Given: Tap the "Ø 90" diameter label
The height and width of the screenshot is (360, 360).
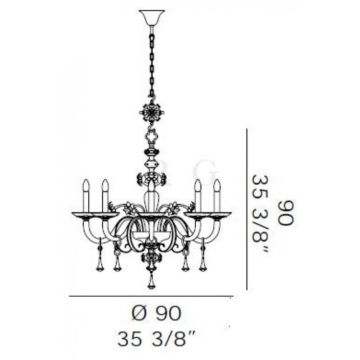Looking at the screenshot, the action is pos(157,313).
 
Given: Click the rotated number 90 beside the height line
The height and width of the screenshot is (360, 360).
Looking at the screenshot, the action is pos(286,212).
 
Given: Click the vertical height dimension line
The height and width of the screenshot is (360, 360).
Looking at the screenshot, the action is pos(247,209).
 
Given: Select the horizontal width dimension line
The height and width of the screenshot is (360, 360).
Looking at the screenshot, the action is pos(151,297).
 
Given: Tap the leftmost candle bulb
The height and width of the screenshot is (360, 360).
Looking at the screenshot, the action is pos(86,196).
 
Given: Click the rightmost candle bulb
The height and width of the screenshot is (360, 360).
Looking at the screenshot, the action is pos(217,196).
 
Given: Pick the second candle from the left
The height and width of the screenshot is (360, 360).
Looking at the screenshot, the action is pos(105,196).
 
